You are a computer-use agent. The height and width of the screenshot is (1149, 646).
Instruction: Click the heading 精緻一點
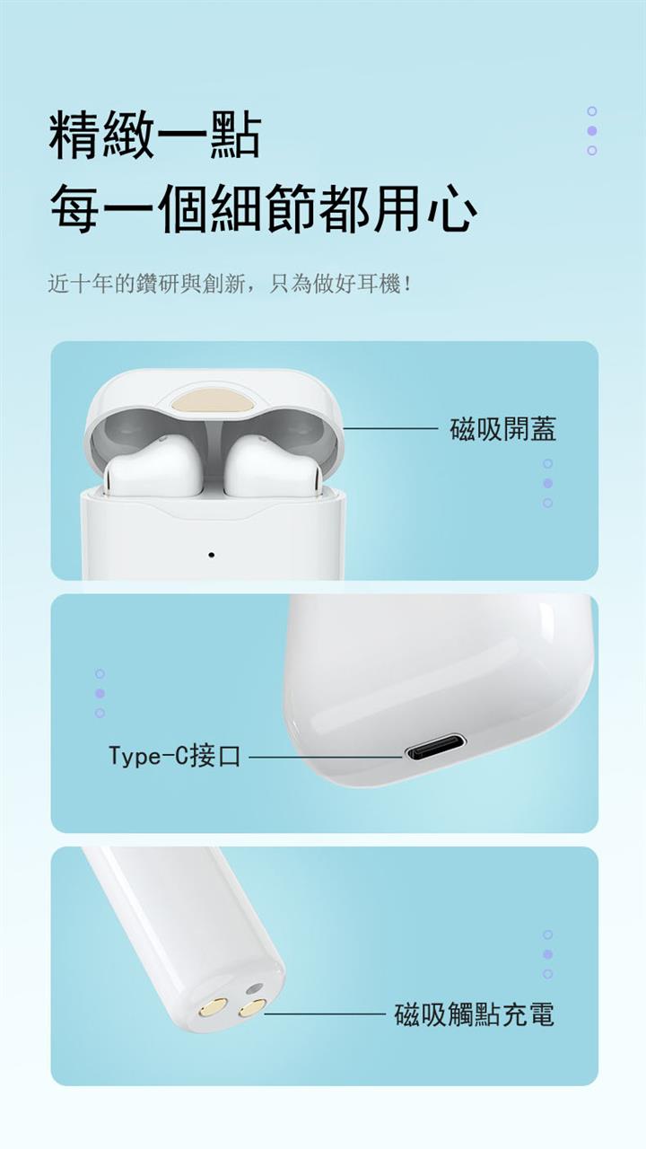click(155, 135)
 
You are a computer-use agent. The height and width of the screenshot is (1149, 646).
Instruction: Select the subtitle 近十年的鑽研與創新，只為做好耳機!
click(229, 284)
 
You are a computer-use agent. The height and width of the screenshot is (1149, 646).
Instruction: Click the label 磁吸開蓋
click(503, 429)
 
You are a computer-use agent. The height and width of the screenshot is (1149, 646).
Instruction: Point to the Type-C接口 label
click(175, 756)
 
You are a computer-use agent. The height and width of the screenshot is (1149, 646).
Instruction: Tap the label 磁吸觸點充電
click(475, 1024)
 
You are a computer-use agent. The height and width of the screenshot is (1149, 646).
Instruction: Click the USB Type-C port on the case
click(435, 752)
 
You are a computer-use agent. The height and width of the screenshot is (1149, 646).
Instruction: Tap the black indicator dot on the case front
click(211, 555)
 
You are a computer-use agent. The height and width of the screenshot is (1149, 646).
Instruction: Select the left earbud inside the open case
click(153, 468)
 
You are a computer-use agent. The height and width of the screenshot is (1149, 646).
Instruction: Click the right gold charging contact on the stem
click(253, 1018)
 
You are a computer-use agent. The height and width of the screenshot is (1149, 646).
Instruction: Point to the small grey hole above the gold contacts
click(254, 989)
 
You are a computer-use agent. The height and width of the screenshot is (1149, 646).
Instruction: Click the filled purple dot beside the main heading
click(591, 131)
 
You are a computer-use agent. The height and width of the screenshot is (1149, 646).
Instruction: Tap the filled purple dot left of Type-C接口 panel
click(100, 693)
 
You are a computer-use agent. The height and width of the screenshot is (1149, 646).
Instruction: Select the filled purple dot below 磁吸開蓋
click(547, 483)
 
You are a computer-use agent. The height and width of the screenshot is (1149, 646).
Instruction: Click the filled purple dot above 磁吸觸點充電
click(547, 954)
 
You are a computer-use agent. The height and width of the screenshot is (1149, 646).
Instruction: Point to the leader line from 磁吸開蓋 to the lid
click(390, 428)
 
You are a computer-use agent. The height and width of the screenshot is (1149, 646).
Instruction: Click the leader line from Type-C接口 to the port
click(326, 756)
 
